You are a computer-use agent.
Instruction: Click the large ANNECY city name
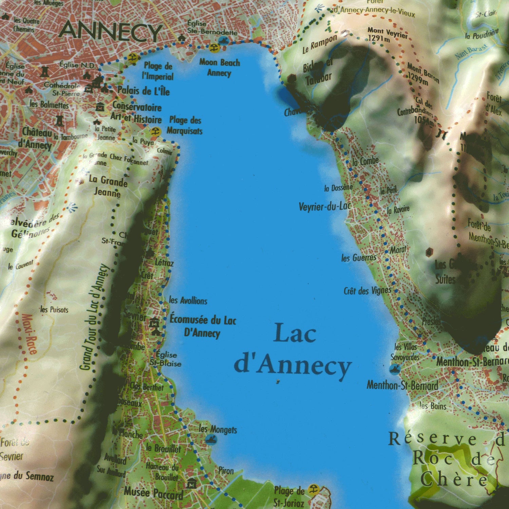click(x=110, y=31)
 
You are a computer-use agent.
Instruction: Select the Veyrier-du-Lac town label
click(x=324, y=206)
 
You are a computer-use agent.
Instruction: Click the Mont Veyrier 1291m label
click(x=387, y=35)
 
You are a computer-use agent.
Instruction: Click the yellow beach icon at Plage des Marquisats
click(x=155, y=132)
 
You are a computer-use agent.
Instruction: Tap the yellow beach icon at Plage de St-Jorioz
click(x=313, y=489)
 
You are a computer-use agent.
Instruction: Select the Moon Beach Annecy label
click(x=220, y=68)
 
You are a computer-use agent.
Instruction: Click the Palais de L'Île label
click(x=143, y=91)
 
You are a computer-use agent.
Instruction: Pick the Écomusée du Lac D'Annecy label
click(x=203, y=326)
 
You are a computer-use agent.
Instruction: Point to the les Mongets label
click(x=218, y=429)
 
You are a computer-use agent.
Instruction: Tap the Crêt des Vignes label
click(x=367, y=291)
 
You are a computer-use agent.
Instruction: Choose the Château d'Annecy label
click(x=37, y=138)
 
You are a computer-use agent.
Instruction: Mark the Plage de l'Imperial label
click(x=158, y=71)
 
